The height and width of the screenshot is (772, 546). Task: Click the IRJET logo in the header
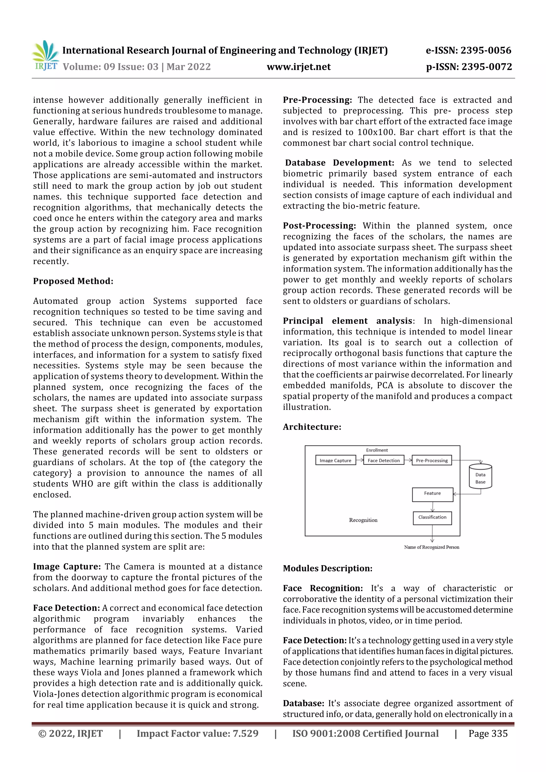pos(45,55)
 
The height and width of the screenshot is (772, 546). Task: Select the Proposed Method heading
pos(73,281)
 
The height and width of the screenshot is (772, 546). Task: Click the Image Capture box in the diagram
pos(335,460)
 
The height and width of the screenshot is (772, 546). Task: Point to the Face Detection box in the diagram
pos(384,460)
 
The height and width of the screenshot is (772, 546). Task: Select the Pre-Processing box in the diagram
pos(432,460)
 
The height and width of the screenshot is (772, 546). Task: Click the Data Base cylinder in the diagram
pos(480,477)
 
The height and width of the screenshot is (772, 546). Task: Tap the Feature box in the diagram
pos(432,495)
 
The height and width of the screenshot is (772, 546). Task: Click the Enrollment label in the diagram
pos(377,450)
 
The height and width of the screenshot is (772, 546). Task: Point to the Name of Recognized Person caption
pos(431,547)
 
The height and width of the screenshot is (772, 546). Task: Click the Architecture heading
pos(312,427)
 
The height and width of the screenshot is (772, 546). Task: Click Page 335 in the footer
pos(488,733)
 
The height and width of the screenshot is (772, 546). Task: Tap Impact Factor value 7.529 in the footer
pos(198,733)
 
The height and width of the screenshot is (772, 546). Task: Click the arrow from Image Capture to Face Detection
pos(360,460)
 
